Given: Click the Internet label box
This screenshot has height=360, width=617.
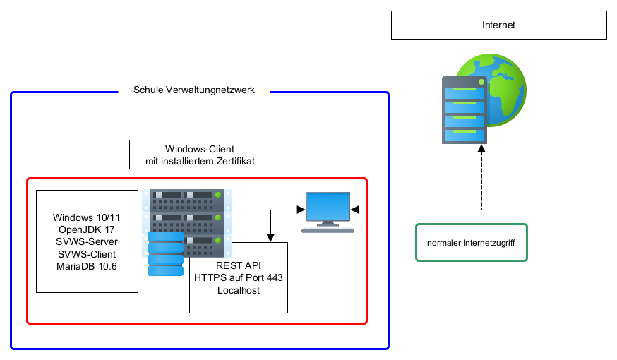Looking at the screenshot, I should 498,25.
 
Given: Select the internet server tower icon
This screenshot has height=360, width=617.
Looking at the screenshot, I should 465,110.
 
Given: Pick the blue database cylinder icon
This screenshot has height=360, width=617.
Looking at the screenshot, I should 165,254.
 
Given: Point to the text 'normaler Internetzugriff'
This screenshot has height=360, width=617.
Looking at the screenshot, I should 472,243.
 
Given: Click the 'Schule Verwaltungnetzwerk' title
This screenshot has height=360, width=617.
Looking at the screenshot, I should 194,90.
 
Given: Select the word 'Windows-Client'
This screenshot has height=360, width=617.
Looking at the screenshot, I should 200,149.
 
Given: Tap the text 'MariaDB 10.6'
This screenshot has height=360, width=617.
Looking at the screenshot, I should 87,265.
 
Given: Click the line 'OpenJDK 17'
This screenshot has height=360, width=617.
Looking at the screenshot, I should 87,230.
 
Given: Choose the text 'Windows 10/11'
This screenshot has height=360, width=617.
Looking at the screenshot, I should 87,218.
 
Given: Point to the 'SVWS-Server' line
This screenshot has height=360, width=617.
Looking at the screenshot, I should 87,242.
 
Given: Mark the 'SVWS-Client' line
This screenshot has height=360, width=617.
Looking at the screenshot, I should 87,254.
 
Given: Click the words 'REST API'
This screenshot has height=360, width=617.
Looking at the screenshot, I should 239,266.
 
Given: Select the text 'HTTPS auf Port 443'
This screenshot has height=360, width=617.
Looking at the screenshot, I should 239,278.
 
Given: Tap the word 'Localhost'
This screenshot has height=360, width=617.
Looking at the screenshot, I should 239,290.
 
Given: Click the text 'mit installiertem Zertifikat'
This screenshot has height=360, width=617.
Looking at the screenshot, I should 200,162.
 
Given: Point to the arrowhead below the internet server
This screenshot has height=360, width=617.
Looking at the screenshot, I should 482,149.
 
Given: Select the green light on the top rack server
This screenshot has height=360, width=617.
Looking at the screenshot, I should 219,195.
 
